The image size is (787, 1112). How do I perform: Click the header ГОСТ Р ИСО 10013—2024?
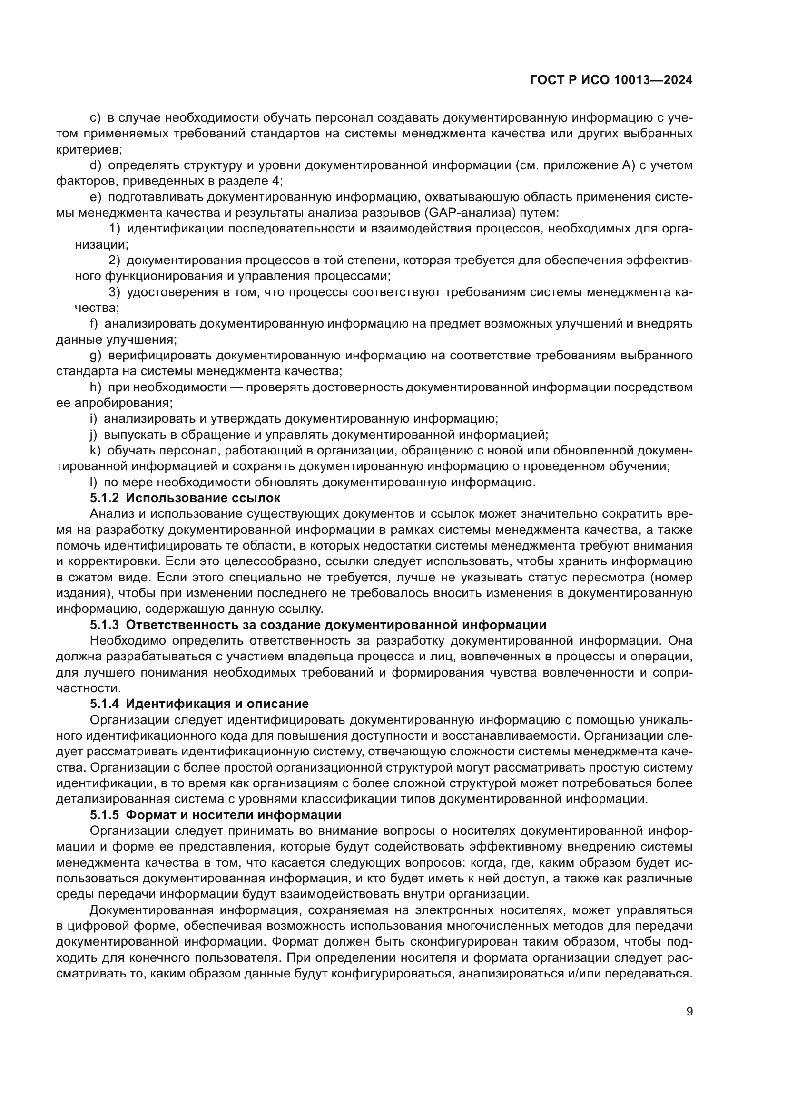click(x=611, y=80)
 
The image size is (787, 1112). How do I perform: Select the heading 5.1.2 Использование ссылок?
click(x=185, y=498)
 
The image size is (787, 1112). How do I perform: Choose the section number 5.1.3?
click(x=105, y=625)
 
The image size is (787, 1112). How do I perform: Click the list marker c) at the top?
click(x=95, y=118)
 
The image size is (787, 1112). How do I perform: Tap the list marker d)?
click(x=96, y=165)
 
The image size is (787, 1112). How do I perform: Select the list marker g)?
click(x=96, y=356)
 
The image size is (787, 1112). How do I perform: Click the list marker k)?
click(x=95, y=451)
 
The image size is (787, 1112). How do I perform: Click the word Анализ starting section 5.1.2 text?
click(x=108, y=514)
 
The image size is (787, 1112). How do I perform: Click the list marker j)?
click(x=94, y=435)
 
